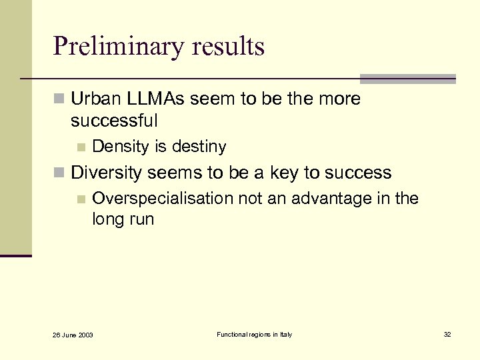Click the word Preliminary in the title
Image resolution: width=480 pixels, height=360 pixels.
(117, 47)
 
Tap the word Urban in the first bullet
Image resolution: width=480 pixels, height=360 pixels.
(94, 99)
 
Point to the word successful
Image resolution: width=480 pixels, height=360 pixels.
(114, 121)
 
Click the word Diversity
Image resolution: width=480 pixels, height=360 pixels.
(107, 173)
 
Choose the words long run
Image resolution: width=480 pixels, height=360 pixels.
(123, 219)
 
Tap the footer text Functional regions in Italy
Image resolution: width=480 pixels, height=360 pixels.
(254, 334)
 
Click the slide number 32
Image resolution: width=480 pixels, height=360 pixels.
(447, 334)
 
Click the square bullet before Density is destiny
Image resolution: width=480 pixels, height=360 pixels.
(81, 147)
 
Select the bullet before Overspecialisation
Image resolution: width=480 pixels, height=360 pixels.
(81, 199)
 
